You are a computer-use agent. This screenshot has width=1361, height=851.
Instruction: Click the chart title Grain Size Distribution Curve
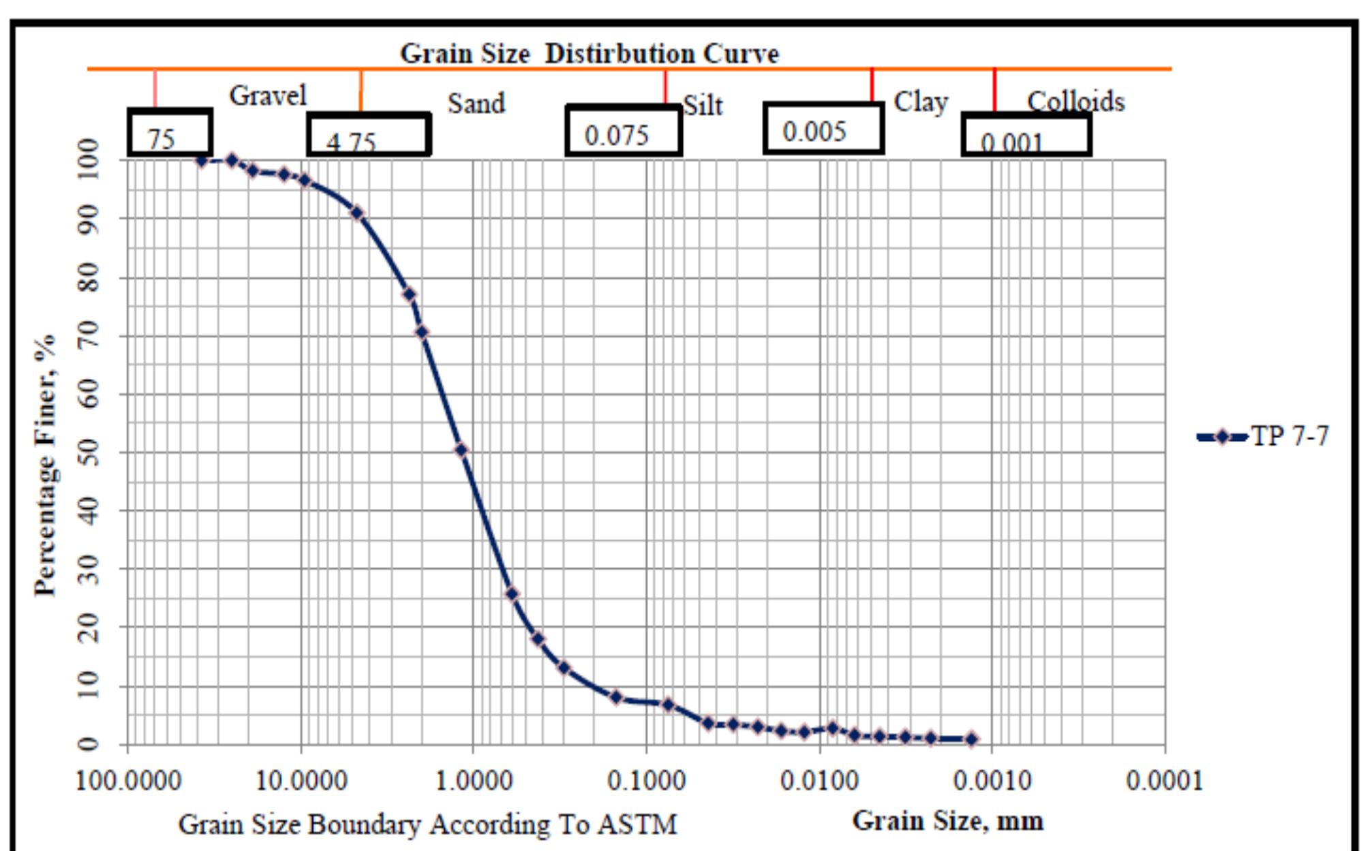point(589,53)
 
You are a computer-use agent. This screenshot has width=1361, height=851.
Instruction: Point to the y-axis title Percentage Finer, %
point(46,465)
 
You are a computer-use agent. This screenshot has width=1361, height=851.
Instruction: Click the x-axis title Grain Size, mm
point(947,820)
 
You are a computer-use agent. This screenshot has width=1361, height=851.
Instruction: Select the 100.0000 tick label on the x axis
point(128,781)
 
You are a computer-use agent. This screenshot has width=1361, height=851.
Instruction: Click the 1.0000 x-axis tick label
point(474,781)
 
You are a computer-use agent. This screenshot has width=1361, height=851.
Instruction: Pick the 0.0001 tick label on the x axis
point(1164,781)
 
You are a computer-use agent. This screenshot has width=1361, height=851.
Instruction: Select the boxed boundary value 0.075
point(617,136)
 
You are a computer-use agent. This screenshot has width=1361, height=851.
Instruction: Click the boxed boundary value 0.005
point(814,131)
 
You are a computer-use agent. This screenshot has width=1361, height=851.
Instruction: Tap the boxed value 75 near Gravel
point(162,139)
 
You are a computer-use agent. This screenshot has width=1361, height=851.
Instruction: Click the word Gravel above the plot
point(268,95)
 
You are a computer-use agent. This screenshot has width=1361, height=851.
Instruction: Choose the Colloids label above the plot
point(1075,101)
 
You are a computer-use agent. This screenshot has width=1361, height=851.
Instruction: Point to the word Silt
point(703,106)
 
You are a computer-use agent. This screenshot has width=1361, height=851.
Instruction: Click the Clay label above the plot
point(921,102)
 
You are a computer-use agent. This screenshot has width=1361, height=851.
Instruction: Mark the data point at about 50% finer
point(461,450)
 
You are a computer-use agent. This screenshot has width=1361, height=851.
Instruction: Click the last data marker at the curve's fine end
point(972,739)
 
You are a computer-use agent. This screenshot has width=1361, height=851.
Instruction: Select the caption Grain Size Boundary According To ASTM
point(427,824)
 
